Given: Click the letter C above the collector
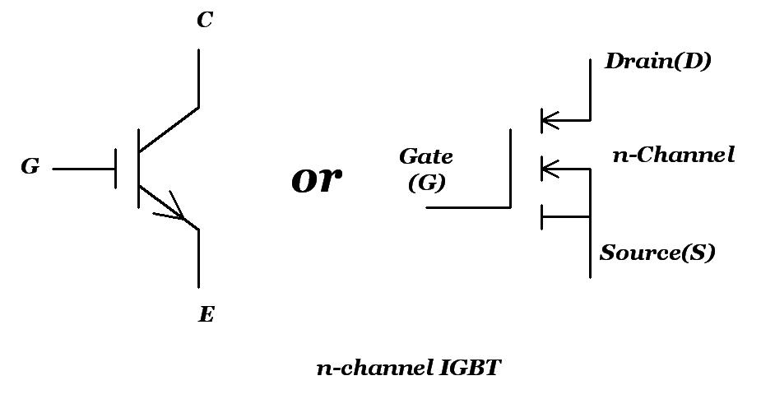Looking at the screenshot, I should [x=205, y=21].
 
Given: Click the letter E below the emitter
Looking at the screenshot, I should [x=206, y=314].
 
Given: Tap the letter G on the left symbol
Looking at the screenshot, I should [x=30, y=167].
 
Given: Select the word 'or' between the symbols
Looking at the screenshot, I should [x=317, y=179].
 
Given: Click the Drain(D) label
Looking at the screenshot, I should [x=657, y=62].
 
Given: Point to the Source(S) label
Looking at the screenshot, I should [x=657, y=253].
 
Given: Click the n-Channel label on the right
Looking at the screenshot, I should [x=673, y=154].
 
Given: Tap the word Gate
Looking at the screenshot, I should [x=425, y=155].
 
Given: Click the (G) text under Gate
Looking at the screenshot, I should [x=426, y=183].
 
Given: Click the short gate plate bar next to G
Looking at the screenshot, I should [x=116, y=168].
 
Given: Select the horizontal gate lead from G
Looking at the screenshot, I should [x=82, y=169].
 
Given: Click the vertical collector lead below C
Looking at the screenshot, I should [x=198, y=78].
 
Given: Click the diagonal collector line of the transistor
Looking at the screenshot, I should [x=169, y=130].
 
